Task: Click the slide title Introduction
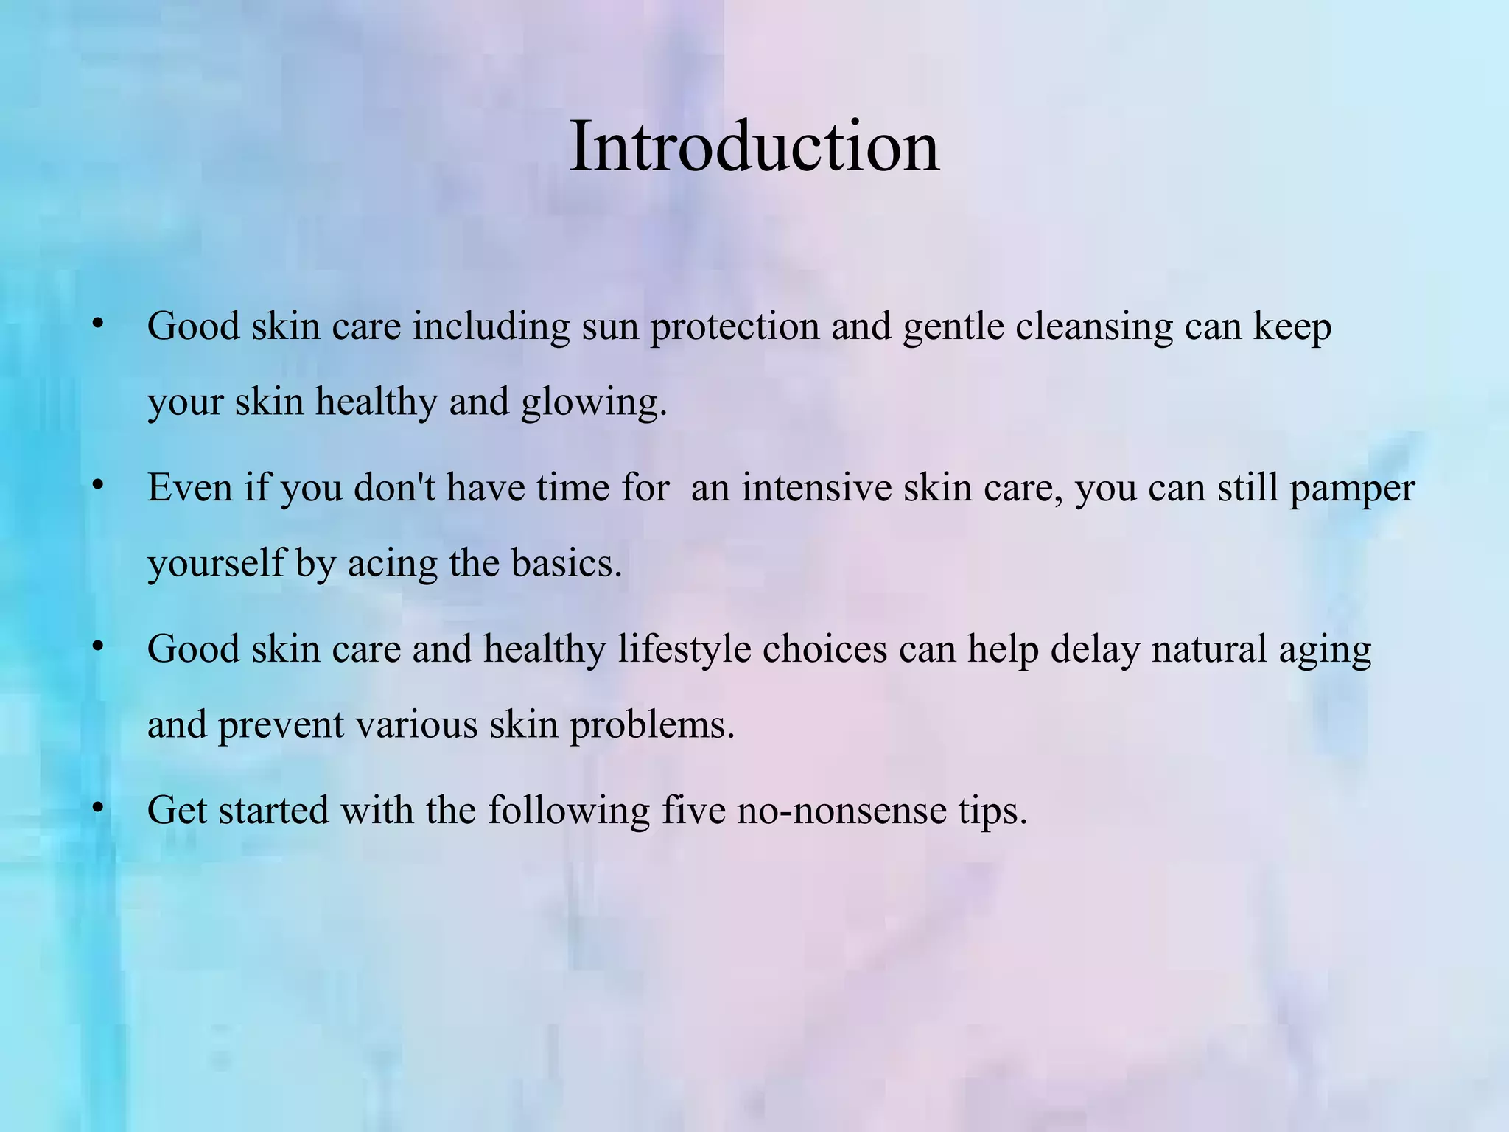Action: click(x=754, y=147)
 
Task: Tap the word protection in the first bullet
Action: click(x=734, y=326)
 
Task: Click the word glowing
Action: click(x=593, y=403)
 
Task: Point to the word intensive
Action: click(x=816, y=488)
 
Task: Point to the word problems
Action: click(x=652, y=725)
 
